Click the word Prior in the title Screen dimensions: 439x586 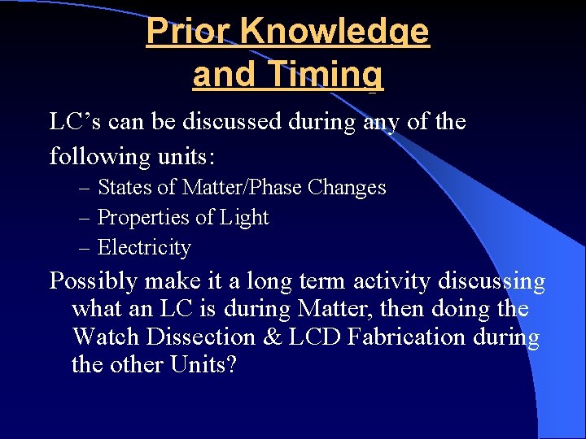coord(187,31)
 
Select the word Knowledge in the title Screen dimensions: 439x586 coord(335,33)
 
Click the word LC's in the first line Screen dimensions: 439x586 coord(72,123)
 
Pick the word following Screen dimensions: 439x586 coord(94,156)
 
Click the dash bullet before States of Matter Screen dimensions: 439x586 coord(85,189)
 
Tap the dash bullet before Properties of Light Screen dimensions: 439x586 coord(85,219)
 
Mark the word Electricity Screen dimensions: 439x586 coord(144,248)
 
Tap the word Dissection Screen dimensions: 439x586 coord(199,337)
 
